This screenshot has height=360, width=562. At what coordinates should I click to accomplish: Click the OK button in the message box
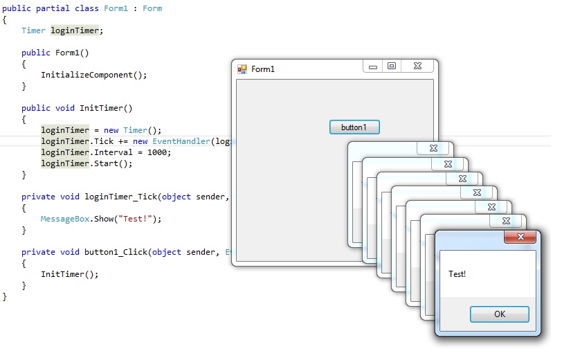tap(499, 314)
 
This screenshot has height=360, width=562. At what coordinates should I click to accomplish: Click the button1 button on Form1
tap(354, 127)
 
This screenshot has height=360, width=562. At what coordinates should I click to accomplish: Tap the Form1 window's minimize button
tap(373, 67)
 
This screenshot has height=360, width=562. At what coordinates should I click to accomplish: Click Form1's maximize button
tap(392, 66)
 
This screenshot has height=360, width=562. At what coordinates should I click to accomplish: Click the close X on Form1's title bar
tap(418, 66)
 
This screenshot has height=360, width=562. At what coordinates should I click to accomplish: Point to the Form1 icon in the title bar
tap(242, 69)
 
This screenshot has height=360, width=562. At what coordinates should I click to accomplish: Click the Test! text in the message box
tap(457, 274)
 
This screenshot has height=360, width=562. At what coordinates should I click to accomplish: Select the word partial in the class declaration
tap(52, 8)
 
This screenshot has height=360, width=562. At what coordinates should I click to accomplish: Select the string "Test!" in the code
tap(137, 219)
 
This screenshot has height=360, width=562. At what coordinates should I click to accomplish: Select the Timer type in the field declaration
tap(33, 30)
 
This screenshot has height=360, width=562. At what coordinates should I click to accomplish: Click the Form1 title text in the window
tap(262, 69)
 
